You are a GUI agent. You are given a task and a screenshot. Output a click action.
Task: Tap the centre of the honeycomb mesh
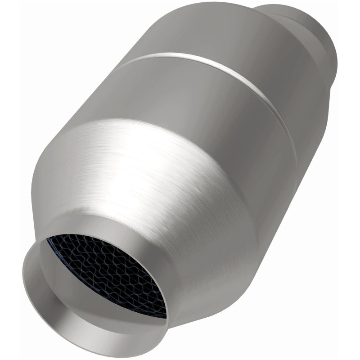point(108,274)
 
